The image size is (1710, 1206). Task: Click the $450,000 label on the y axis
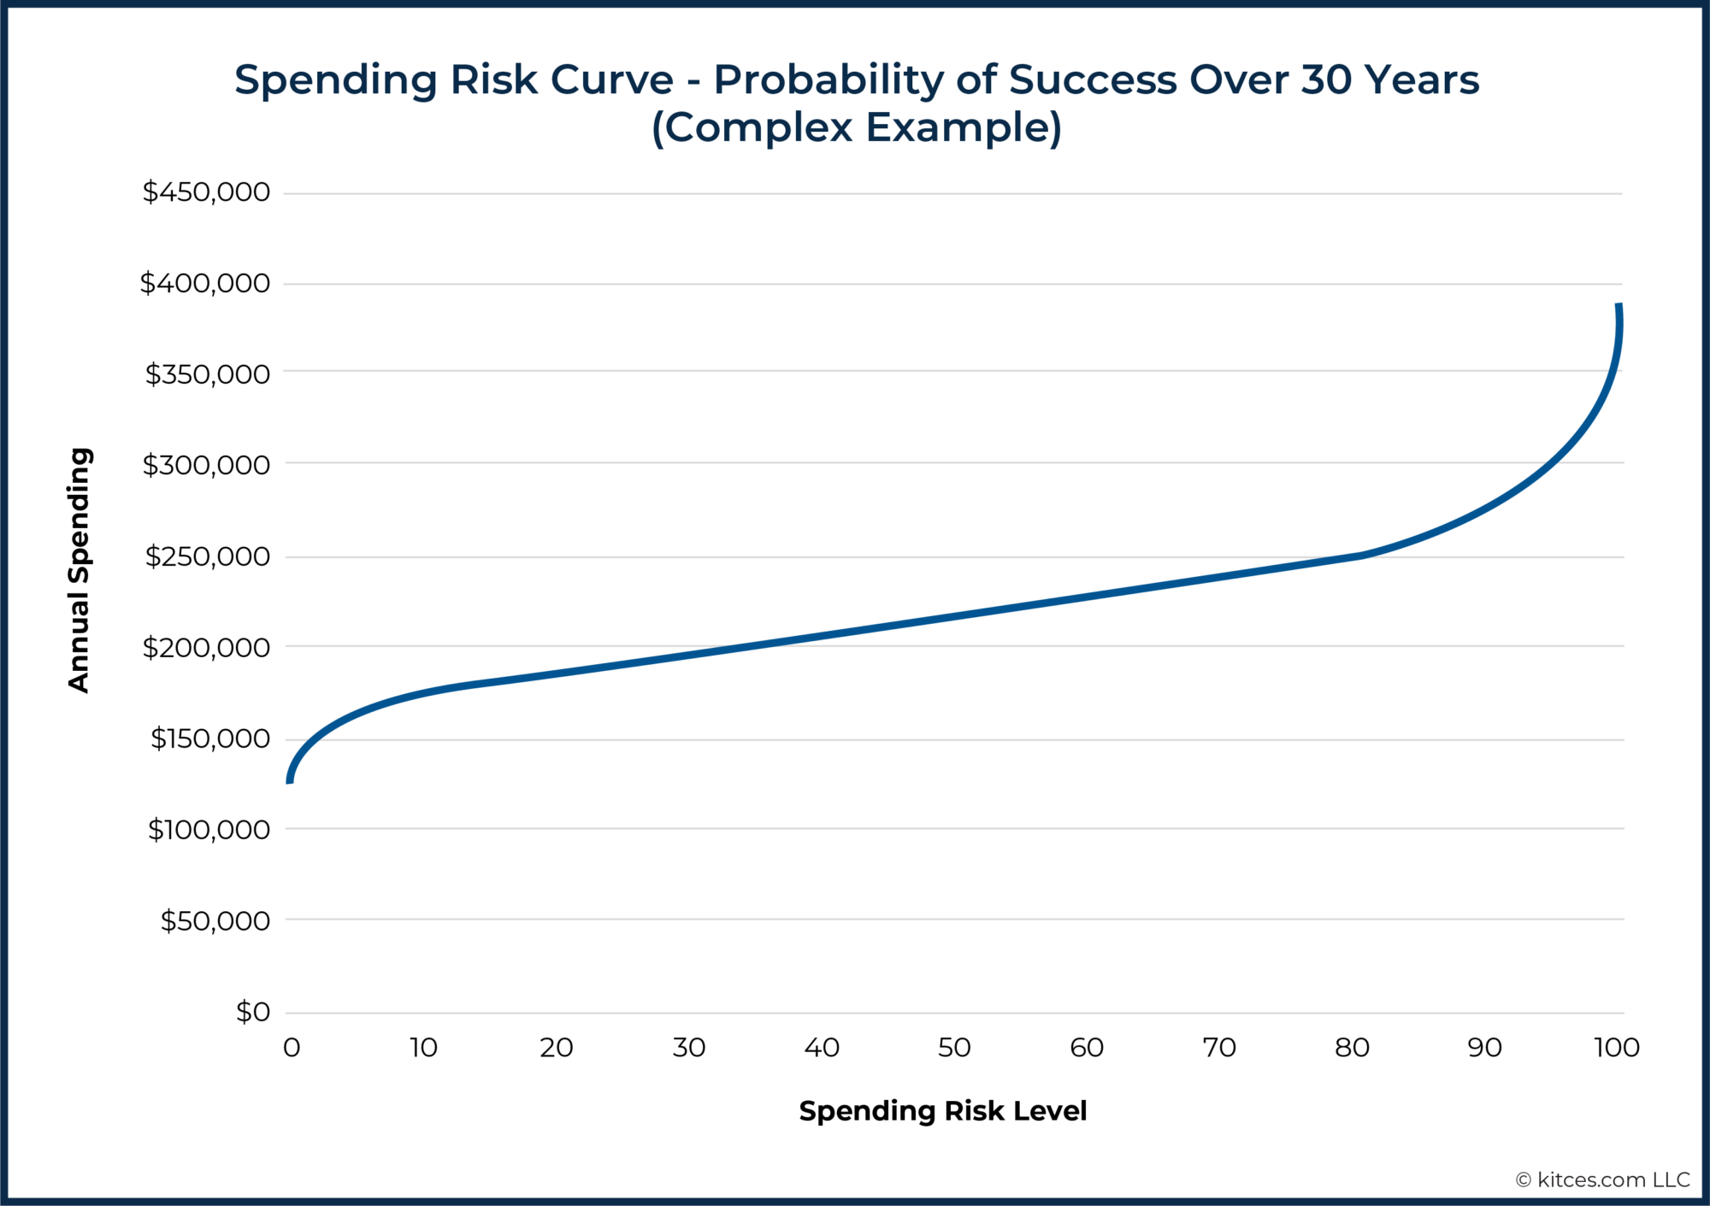click(x=206, y=191)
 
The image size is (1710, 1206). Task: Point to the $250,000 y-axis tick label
click(x=207, y=556)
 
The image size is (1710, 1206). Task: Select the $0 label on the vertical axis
click(x=252, y=1012)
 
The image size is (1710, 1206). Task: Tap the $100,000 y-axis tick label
click(x=209, y=829)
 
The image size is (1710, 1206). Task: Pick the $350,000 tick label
click(x=207, y=374)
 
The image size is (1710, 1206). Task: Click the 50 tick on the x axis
click(x=954, y=1047)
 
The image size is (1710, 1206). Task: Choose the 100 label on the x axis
click(x=1616, y=1047)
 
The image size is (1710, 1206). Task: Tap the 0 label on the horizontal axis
click(x=292, y=1047)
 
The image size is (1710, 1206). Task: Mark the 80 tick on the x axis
click(x=1352, y=1047)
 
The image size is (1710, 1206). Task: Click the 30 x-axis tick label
click(x=688, y=1047)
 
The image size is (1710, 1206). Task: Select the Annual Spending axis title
click(x=79, y=569)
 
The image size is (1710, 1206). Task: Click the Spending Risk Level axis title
click(x=942, y=1110)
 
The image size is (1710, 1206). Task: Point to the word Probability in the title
click(x=828, y=79)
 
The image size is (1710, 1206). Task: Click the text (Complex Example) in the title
click(x=857, y=127)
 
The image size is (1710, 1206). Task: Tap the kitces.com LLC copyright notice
click(x=1602, y=1180)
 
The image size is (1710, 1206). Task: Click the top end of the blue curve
click(x=1619, y=306)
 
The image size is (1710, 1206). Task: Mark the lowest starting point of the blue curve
click(x=290, y=779)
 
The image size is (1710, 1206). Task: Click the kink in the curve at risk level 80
click(x=1359, y=556)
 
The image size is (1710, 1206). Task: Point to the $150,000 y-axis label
click(x=209, y=738)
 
